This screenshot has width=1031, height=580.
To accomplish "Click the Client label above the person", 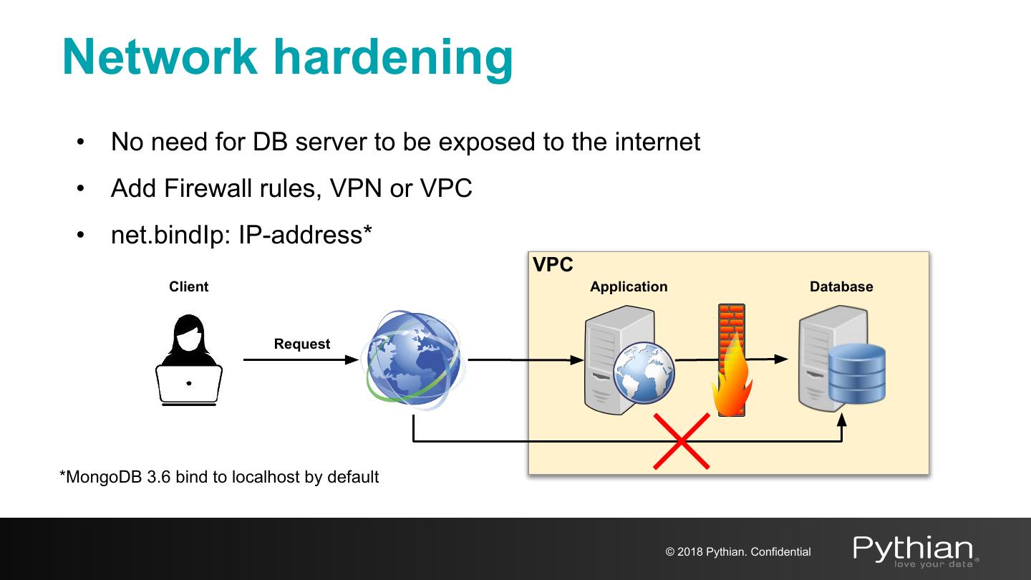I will click(x=188, y=286).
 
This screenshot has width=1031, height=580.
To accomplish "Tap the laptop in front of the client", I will click(x=189, y=385).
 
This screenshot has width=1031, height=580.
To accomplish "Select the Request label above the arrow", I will click(x=301, y=344).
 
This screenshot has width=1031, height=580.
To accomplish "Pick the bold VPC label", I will click(x=553, y=265).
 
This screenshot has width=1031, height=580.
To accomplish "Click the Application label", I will click(x=628, y=286).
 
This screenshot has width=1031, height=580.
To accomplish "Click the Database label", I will click(x=841, y=286).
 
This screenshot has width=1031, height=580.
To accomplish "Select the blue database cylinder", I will click(x=856, y=373).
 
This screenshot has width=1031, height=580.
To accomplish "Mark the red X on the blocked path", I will click(x=681, y=441).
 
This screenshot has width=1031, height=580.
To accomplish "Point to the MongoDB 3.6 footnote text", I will click(x=219, y=476).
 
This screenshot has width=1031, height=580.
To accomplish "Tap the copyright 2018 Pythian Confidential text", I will click(x=738, y=552).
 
